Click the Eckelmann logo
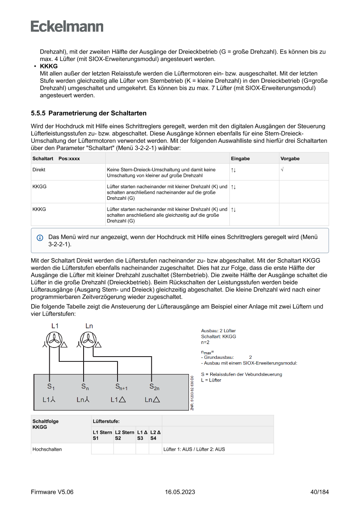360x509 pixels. (67, 26)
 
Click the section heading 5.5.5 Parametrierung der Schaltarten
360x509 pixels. (88, 113)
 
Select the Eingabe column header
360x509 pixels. (240, 158)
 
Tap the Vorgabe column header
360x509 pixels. (290, 158)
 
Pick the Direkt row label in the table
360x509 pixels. (39, 169)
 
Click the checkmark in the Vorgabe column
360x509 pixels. (282, 169)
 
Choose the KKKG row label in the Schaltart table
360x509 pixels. (39, 209)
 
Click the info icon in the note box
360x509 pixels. (40, 238)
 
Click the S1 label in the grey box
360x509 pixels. (50, 386)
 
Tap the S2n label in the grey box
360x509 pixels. (154, 386)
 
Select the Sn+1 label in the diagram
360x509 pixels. (121, 386)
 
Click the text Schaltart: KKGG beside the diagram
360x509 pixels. (218, 337)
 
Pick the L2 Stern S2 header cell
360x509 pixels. (124, 435)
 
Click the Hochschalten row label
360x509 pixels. (47, 449)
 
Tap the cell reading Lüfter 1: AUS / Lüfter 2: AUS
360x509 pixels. (194, 449)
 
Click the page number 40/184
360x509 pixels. (320, 492)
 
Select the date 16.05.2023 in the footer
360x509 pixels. (180, 492)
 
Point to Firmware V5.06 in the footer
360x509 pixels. (52, 492)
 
